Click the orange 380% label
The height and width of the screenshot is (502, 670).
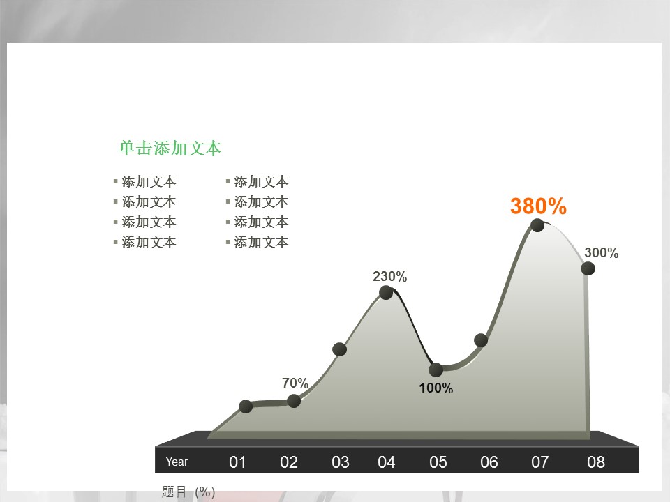(x=538, y=206)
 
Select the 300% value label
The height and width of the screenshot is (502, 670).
(x=601, y=252)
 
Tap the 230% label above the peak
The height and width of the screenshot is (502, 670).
(x=389, y=277)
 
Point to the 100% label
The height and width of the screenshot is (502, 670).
(x=435, y=388)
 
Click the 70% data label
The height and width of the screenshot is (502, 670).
(x=295, y=383)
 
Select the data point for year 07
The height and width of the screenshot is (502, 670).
(x=537, y=225)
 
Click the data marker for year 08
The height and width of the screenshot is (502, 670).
(x=588, y=268)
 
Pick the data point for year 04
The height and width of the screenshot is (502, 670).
(x=386, y=292)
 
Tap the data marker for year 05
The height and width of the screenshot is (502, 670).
(x=435, y=370)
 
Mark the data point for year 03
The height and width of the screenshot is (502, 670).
(x=339, y=349)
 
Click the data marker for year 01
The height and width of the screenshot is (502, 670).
(x=246, y=406)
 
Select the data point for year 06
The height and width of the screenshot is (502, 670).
(x=481, y=340)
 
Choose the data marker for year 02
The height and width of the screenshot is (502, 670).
(x=294, y=401)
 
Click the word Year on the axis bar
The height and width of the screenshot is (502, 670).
(x=177, y=462)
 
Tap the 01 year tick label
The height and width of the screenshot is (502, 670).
(x=237, y=462)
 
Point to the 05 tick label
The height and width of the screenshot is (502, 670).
(x=438, y=462)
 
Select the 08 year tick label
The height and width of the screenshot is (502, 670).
(x=595, y=462)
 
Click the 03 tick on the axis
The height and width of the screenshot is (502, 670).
(x=340, y=462)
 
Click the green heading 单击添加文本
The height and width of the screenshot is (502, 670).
(x=170, y=148)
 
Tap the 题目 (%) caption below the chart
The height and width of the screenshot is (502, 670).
(x=188, y=492)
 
